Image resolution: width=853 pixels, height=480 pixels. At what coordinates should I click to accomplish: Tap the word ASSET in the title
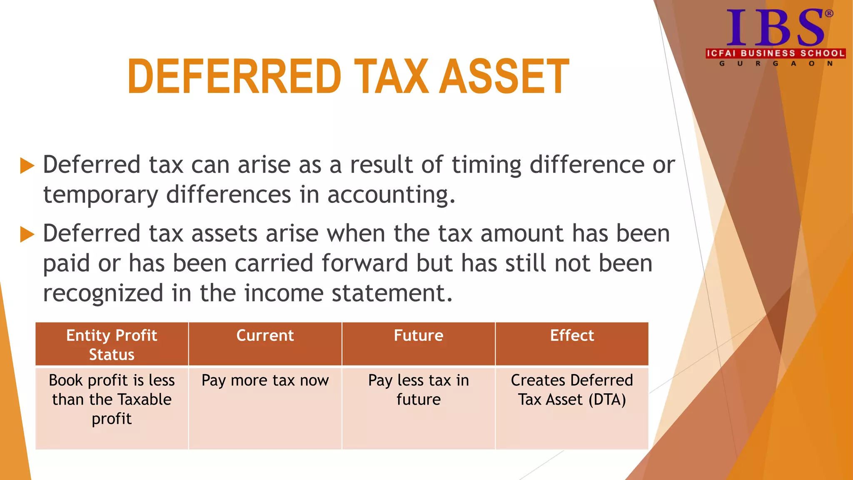(x=505, y=77)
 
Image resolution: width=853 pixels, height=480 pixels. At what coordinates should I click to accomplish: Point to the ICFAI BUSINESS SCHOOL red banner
(x=775, y=53)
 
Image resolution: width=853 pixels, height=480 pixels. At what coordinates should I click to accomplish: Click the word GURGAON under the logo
(x=775, y=64)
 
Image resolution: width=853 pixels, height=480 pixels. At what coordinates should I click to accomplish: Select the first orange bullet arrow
(x=27, y=165)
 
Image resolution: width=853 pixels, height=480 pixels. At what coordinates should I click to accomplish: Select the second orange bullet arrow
(x=27, y=234)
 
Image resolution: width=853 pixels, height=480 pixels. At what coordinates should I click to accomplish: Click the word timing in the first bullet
(x=486, y=165)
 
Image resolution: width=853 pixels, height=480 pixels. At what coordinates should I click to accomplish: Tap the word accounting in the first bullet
(x=391, y=195)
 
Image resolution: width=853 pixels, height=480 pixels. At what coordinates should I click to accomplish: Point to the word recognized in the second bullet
(x=103, y=293)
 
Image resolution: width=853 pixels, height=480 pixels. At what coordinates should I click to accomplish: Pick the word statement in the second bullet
(x=391, y=293)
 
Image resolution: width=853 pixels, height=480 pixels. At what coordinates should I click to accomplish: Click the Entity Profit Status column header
(x=112, y=345)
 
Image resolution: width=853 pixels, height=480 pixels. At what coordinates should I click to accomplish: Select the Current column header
(x=265, y=336)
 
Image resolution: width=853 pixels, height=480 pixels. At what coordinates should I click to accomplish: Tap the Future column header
(x=419, y=336)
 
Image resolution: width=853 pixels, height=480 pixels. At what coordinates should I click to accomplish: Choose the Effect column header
(x=572, y=336)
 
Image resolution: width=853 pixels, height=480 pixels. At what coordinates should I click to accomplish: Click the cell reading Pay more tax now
(x=265, y=381)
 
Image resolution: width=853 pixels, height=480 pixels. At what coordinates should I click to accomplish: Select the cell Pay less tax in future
(x=419, y=390)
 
